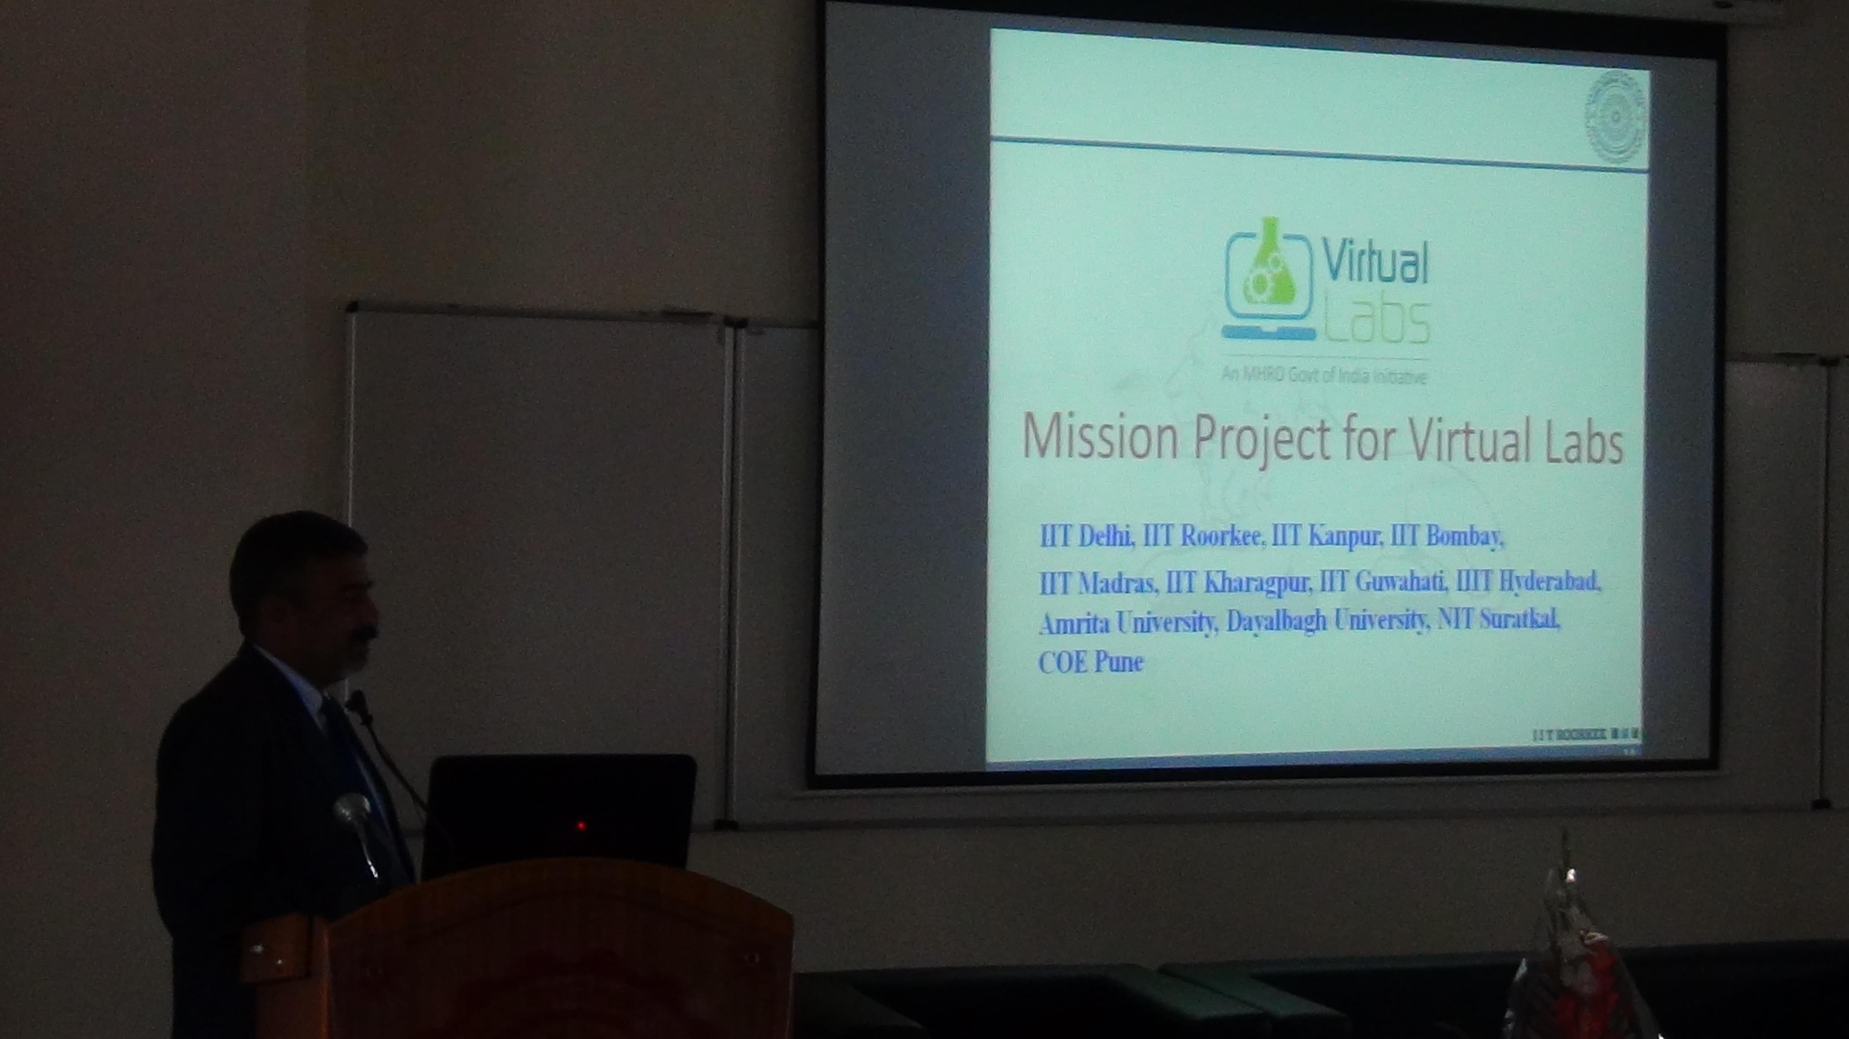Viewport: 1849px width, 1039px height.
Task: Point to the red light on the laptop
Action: (581, 826)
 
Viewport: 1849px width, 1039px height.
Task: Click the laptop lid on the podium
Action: (560, 811)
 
